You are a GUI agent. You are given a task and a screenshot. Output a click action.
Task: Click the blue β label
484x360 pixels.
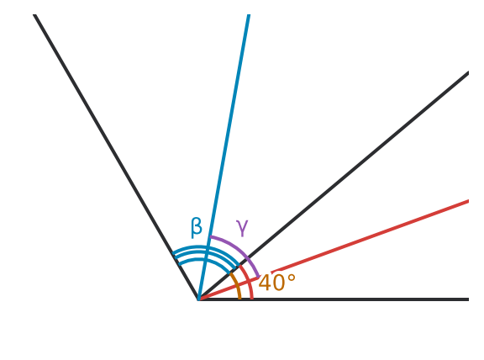(197, 227)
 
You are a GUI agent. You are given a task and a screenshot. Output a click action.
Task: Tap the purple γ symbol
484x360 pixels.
(242, 228)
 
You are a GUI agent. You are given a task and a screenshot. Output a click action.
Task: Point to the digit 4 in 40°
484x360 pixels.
(266, 283)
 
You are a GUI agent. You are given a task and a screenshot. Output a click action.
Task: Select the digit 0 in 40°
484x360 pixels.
(279, 283)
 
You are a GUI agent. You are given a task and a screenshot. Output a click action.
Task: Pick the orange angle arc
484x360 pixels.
(237, 285)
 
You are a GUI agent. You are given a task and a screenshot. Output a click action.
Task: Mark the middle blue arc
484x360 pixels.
(206, 253)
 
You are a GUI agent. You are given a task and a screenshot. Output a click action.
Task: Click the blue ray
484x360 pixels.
(224, 156)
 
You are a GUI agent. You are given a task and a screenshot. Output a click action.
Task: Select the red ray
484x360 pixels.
(334, 251)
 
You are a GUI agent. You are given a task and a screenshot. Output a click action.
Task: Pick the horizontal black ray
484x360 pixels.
(334, 299)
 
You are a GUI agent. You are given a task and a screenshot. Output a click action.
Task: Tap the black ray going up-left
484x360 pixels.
(116, 156)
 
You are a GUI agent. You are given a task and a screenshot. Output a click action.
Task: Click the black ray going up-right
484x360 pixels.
(334, 186)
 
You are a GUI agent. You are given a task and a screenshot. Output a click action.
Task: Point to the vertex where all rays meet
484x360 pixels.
(198, 299)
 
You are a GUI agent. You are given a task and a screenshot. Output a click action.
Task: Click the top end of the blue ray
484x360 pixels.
(249, 14)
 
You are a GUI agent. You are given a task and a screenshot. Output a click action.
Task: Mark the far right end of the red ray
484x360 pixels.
(469, 201)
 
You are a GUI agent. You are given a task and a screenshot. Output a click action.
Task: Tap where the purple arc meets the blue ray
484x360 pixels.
(210, 236)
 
